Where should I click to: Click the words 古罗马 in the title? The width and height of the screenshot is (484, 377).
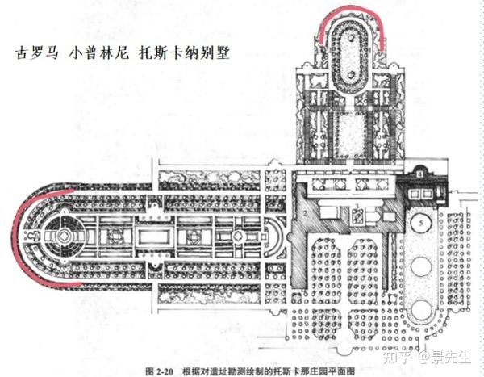[35, 57]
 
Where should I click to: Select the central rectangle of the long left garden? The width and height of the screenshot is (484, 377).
[157, 238]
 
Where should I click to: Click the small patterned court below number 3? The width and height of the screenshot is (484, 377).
[357, 216]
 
